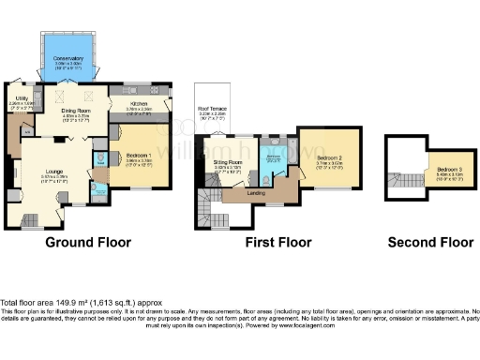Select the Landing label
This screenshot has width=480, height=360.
pyautogui.click(x=255, y=193)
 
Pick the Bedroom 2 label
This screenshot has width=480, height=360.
pyautogui.click(x=329, y=157)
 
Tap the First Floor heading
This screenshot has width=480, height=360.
pyautogui.click(x=277, y=242)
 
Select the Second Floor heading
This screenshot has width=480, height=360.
pyautogui.click(x=430, y=242)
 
